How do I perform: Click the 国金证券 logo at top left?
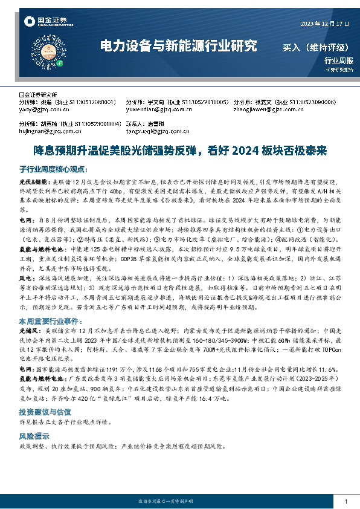[39, 22]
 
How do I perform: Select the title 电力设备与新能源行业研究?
[178, 46]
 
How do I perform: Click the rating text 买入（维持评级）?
[318, 47]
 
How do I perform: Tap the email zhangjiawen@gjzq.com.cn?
[269, 110]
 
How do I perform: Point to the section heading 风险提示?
[35, 435]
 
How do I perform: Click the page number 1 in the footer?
[345, 502]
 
